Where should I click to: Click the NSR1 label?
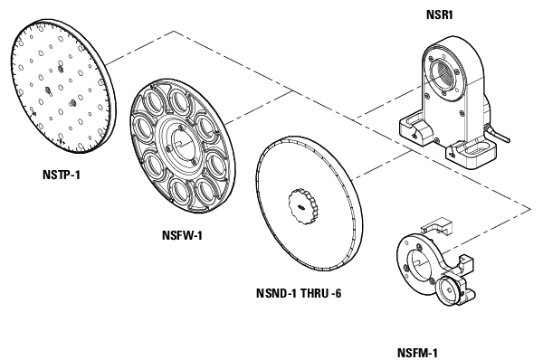440,14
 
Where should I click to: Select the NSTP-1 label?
61,174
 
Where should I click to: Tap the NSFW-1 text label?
180,236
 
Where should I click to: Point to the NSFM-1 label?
417,352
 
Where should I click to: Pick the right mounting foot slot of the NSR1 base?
472,154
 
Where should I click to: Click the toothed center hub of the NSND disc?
300,207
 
